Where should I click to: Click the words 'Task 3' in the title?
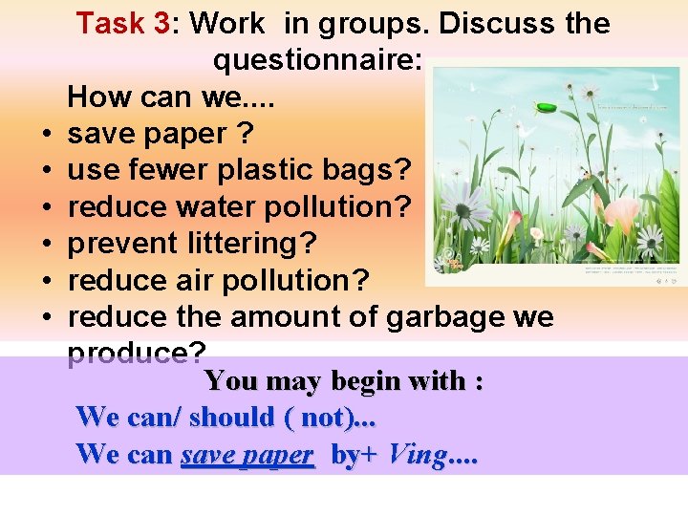[122, 23]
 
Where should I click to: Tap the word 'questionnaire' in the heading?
[315, 61]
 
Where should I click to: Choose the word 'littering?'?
[253, 244]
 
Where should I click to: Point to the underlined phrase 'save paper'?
[247, 454]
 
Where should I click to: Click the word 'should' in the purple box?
[230, 418]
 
